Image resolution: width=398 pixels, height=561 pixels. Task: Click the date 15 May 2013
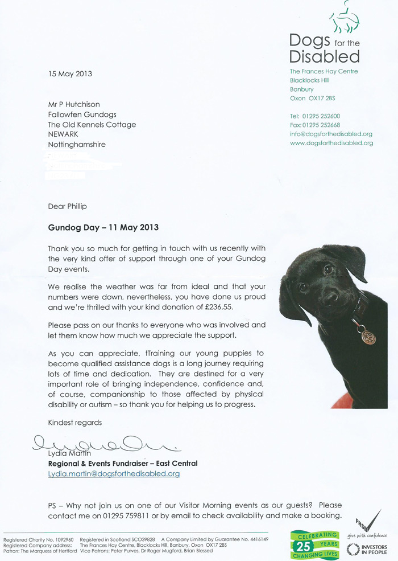[70, 73]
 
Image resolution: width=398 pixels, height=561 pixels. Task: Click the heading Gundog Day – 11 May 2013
[103, 227]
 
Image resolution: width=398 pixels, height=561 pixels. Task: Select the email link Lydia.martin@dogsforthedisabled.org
[114, 473]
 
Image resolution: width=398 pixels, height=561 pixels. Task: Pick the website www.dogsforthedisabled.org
[331, 143]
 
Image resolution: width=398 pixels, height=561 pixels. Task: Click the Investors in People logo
[366, 549]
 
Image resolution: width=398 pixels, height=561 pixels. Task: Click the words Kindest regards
[75, 423]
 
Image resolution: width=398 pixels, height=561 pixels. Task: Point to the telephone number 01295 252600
[321, 116]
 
